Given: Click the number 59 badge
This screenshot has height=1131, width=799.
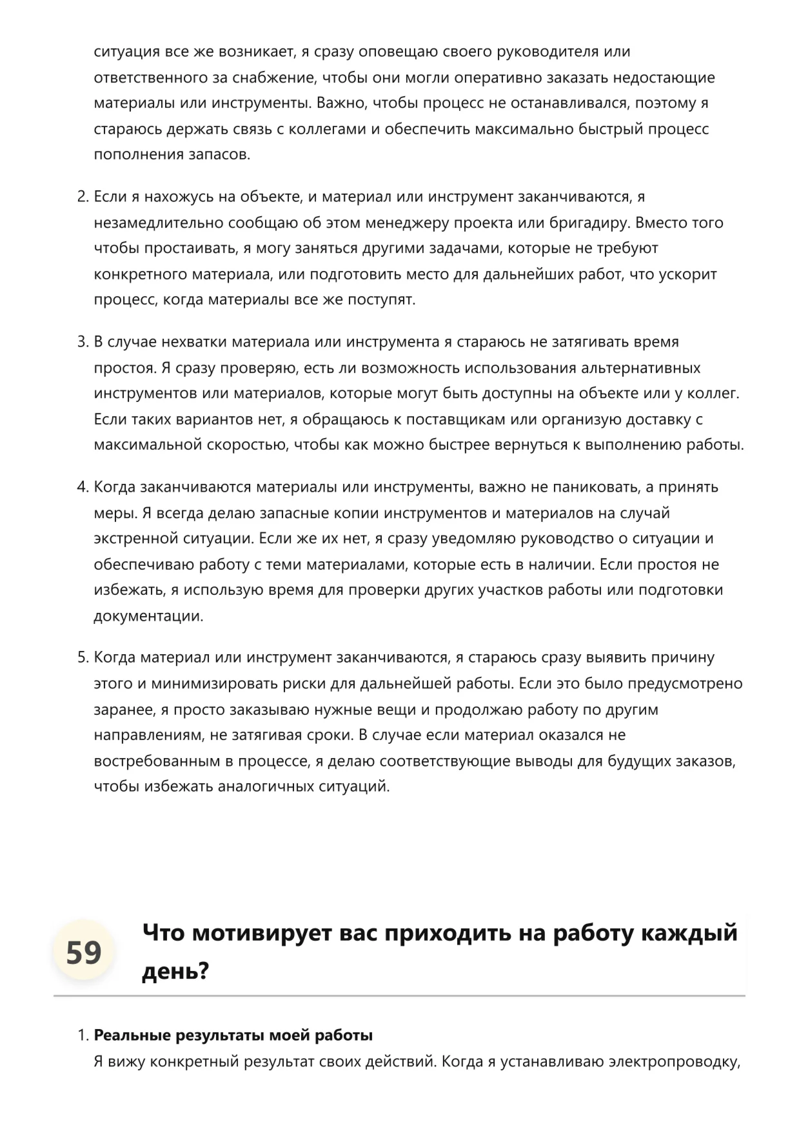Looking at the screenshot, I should (x=84, y=952).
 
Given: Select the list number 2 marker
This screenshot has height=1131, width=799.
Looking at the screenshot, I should (x=83, y=197).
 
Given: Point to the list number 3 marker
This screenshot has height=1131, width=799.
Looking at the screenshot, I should (x=83, y=342).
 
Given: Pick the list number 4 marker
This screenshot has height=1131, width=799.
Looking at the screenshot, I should (x=83, y=487).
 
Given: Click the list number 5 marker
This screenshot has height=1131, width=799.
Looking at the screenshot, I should (x=83, y=657).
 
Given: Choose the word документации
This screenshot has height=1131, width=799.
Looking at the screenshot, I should (x=148, y=616).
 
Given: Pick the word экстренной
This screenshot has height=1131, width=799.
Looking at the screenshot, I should (x=135, y=539).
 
